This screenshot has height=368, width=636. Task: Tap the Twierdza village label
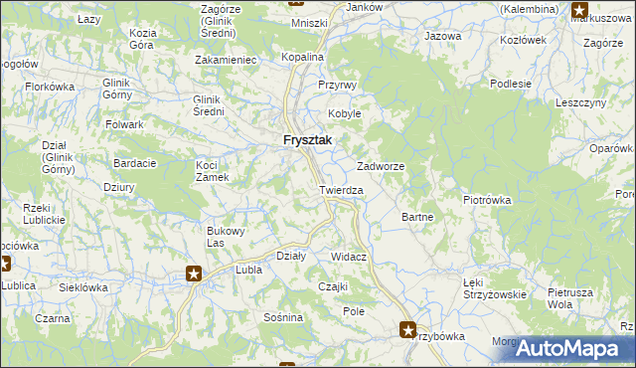point(341,189)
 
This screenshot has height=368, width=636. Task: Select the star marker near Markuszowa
point(579,11)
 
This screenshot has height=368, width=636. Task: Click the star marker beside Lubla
point(195,274)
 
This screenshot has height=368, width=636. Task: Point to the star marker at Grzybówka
point(408,328)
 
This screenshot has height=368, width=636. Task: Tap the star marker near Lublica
point(3,265)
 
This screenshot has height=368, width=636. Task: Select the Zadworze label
point(381,166)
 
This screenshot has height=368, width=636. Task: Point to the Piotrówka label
point(487,199)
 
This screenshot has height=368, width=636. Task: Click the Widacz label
point(349,257)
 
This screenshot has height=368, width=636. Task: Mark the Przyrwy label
point(337,86)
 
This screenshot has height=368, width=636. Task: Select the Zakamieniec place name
point(228,60)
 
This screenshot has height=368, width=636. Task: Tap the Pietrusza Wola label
point(571,298)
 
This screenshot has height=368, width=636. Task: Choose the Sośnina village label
point(283,317)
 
